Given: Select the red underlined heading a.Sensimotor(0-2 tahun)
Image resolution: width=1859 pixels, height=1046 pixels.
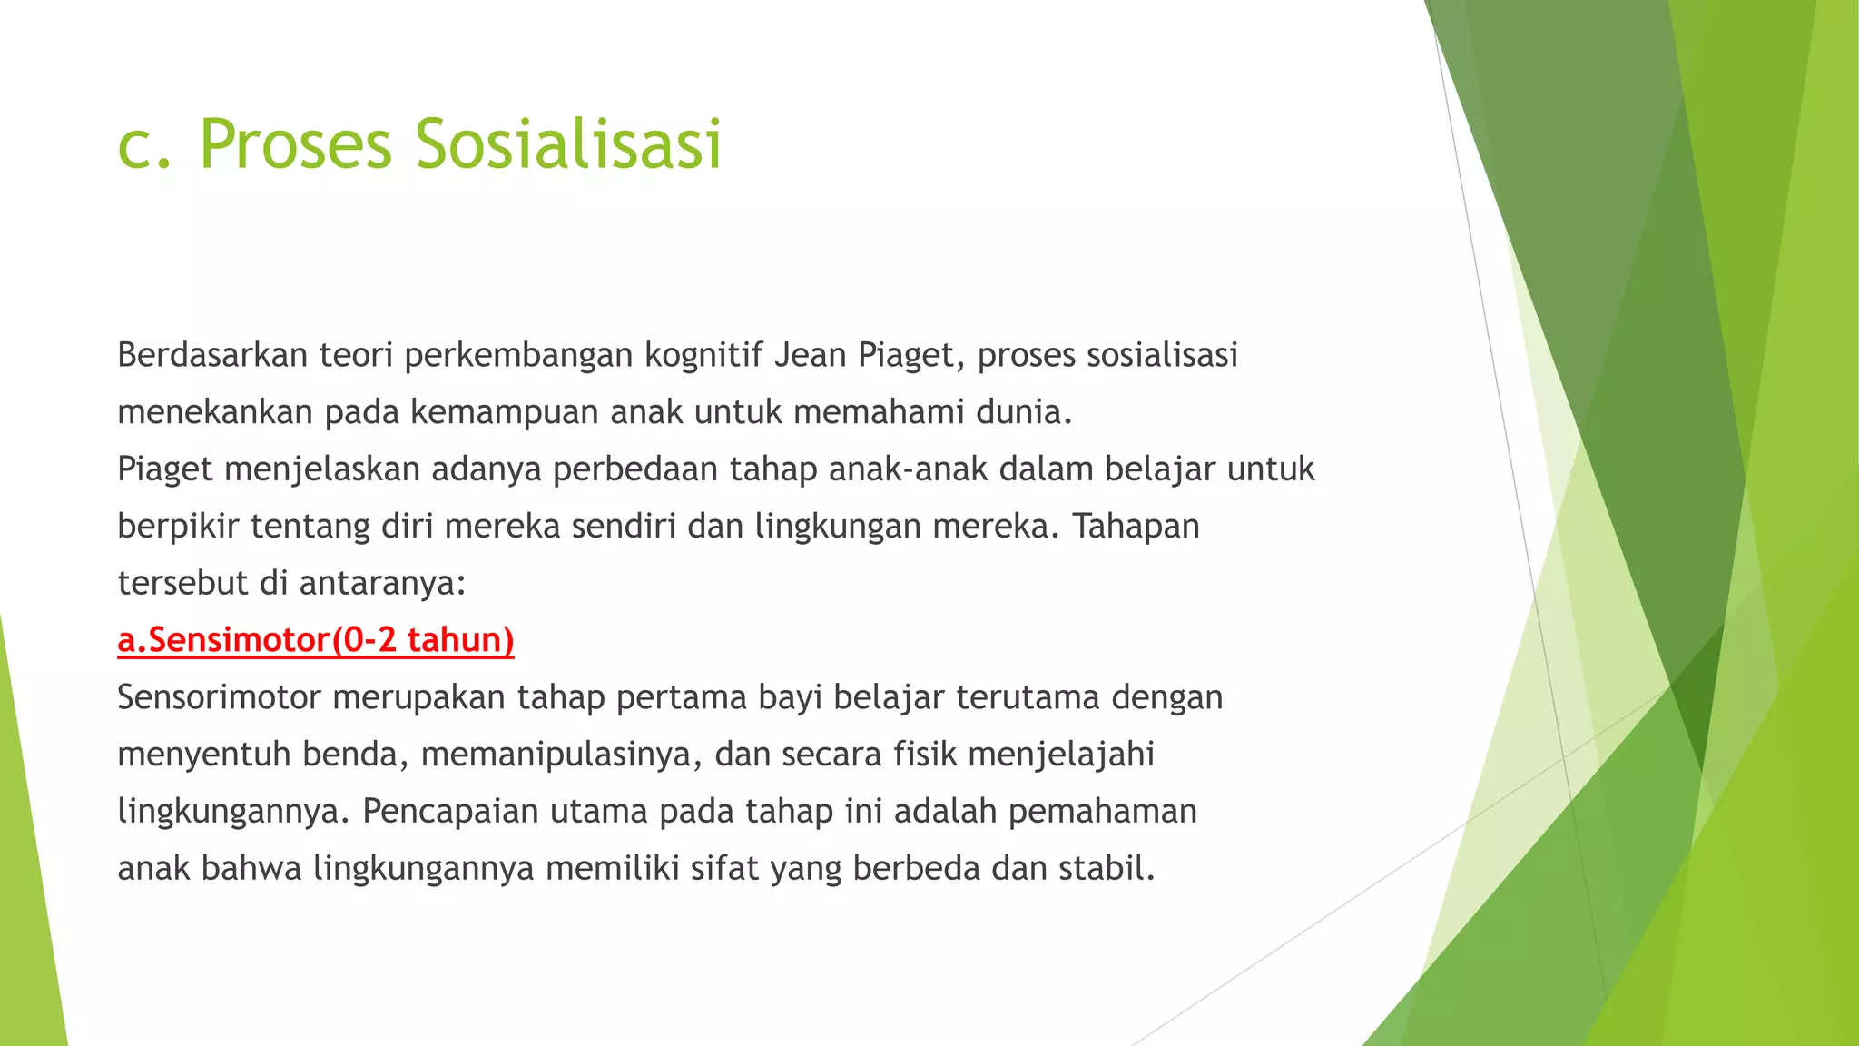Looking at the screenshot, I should click(x=316, y=640).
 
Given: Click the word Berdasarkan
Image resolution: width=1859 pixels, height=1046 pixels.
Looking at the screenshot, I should click(x=211, y=355).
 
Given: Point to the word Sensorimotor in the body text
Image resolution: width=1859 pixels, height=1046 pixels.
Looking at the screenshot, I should click(x=219, y=697).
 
